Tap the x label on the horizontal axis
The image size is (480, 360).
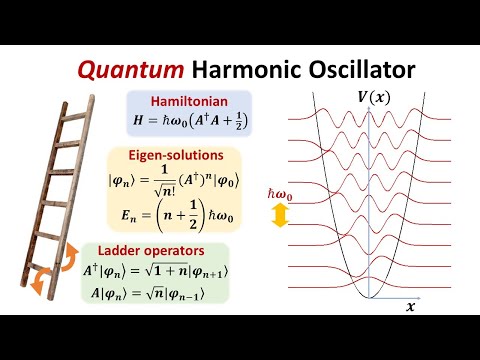click(409, 308)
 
